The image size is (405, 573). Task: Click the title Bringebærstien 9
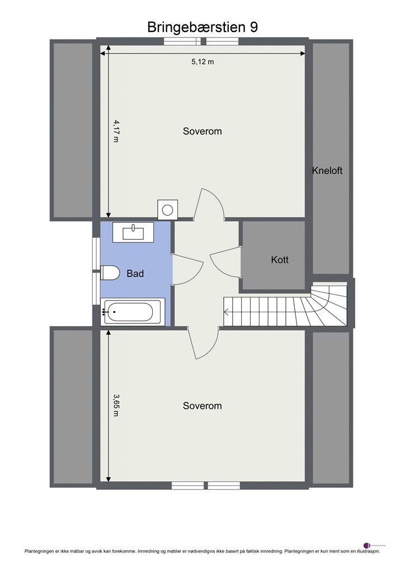coord(202,27)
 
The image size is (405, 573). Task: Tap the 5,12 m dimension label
coord(202,62)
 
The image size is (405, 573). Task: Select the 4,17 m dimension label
coord(116,130)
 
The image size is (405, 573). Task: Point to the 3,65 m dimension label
coord(116,405)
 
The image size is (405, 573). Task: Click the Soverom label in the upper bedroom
coord(202,131)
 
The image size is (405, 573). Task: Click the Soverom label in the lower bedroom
coord(202,406)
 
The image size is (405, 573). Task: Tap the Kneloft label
coord(327,171)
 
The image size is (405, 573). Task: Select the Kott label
coord(280,260)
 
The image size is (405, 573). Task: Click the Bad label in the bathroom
coord(135,274)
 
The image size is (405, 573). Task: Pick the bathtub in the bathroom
coord(133,312)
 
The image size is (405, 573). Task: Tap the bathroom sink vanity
coord(133,232)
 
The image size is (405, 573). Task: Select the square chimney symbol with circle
coord(167,210)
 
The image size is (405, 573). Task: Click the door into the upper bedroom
coord(209,205)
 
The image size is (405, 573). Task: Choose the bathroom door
coord(187,270)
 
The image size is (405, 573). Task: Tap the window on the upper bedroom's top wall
coord(202,41)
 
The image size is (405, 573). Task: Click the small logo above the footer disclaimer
coord(367,544)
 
